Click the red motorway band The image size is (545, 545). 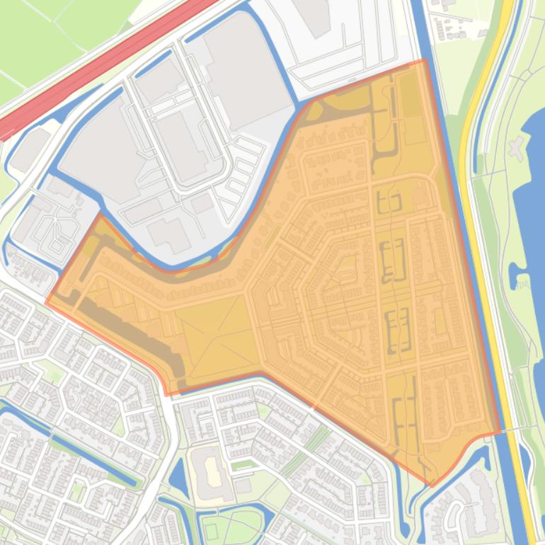[106, 67]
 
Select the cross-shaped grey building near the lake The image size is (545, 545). [517, 149]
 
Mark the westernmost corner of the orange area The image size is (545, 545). [47, 303]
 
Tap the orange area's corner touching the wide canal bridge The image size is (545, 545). [498, 431]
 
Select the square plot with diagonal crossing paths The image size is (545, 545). [216, 336]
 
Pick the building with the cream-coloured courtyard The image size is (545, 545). [212, 469]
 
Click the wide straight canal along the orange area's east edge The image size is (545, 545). [453, 212]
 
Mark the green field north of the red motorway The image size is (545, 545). [42, 35]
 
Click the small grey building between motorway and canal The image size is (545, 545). [28, 149]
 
